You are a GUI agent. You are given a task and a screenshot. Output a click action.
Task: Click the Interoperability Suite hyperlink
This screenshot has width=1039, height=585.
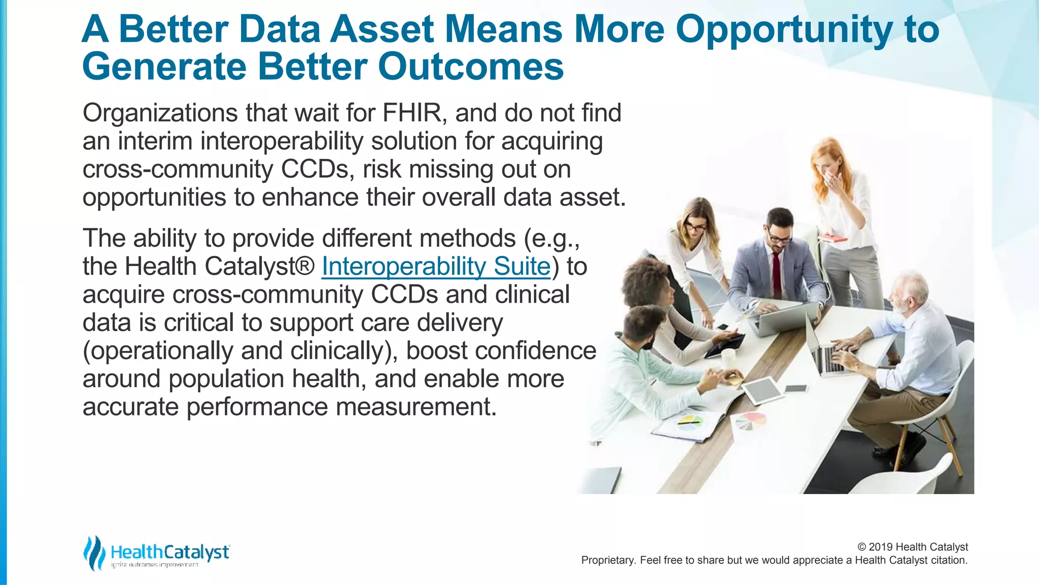(436, 267)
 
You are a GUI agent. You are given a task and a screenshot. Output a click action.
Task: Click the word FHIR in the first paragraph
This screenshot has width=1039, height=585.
(412, 113)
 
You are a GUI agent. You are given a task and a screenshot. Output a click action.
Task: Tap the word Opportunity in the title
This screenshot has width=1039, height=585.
(783, 29)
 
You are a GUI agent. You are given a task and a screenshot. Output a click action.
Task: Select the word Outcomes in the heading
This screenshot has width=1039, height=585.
(470, 67)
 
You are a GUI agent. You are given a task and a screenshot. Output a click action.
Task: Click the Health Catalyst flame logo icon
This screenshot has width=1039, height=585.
(94, 553)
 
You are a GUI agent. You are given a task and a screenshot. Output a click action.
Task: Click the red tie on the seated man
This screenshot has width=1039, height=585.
(776, 270)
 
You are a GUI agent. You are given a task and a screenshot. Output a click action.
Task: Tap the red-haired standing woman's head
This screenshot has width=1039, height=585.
(828, 157)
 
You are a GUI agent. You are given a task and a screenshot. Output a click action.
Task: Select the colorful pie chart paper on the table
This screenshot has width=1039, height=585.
(750, 420)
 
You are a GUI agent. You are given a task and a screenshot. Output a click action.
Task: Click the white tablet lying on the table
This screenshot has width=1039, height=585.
(761, 390)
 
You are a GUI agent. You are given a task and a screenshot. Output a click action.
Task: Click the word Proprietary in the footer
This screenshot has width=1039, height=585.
(607, 560)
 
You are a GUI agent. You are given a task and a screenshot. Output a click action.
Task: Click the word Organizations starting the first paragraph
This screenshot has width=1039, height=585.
(160, 113)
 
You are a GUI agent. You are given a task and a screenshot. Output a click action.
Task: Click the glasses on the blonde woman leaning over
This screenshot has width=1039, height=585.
(695, 227)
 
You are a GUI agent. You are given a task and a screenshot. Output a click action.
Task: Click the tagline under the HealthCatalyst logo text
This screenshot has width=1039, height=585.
(154, 565)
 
